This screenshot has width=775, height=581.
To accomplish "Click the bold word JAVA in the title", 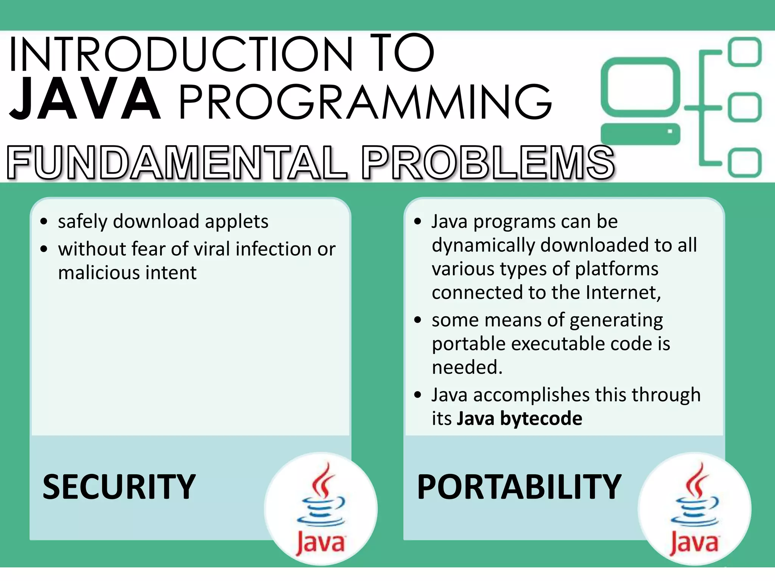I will click(x=85, y=99).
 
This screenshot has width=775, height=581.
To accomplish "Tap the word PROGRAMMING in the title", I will click(x=365, y=102).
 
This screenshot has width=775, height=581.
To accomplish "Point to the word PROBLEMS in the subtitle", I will click(x=488, y=163).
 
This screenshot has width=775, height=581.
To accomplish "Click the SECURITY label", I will click(x=119, y=487).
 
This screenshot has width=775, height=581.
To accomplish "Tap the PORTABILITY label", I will click(x=519, y=487).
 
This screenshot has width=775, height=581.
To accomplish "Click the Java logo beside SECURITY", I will click(x=321, y=509).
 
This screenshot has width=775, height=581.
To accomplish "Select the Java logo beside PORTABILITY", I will click(x=694, y=509).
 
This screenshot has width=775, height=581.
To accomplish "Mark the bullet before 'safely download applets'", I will click(x=44, y=222).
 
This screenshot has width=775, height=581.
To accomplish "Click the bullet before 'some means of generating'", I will click(x=418, y=320).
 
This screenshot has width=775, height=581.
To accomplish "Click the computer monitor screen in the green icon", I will click(x=640, y=87).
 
